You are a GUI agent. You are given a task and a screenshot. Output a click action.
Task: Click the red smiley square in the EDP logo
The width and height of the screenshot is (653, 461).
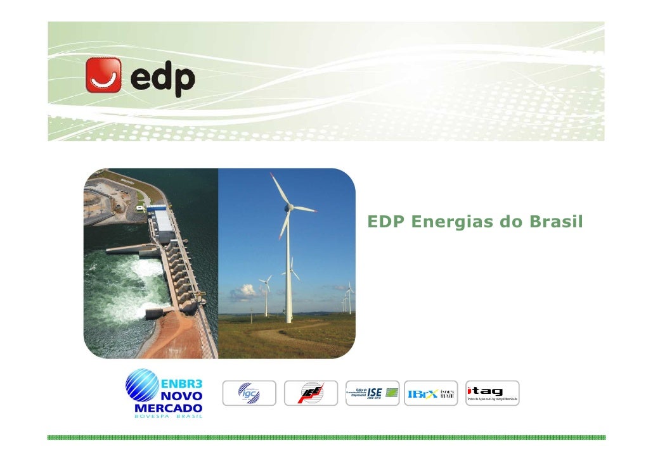click(x=104, y=75)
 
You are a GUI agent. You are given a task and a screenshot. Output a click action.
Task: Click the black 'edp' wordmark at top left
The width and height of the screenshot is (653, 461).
click(x=162, y=79)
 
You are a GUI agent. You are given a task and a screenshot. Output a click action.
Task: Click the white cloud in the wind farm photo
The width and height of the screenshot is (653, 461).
click(x=245, y=291)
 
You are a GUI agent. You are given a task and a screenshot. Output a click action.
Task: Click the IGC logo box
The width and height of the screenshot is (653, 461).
click(x=249, y=393)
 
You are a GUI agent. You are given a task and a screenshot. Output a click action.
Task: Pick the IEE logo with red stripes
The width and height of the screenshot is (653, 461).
click(x=311, y=393)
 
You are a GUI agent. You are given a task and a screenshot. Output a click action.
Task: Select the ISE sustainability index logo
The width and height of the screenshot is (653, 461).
click(x=373, y=393)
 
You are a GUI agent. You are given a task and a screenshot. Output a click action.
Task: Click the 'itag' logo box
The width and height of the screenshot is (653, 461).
click(x=493, y=393)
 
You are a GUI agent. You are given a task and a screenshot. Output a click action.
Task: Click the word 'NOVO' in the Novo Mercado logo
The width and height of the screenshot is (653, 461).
click(x=180, y=395)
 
